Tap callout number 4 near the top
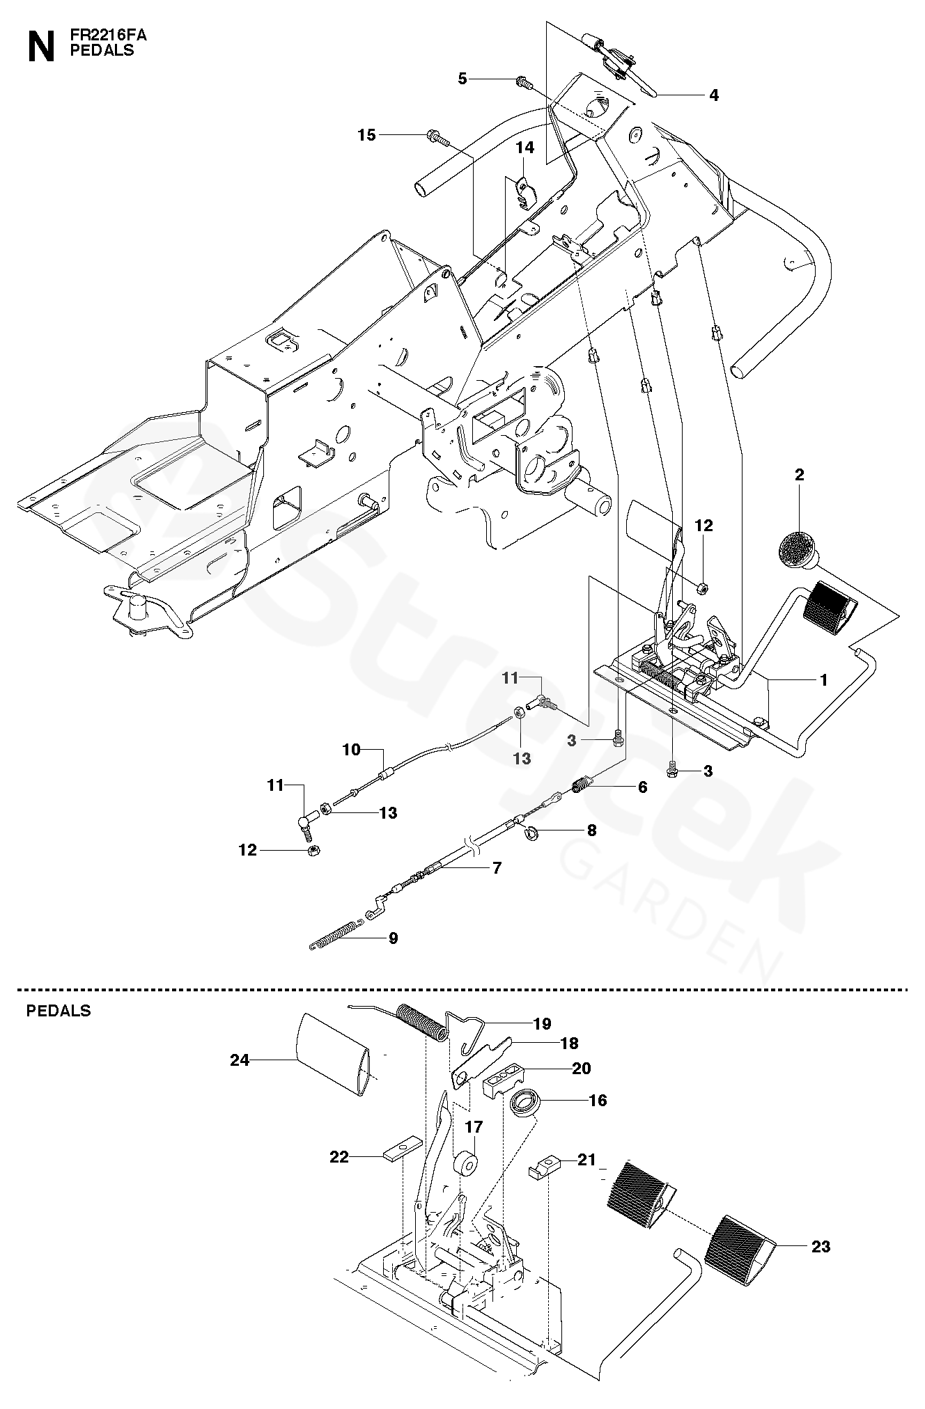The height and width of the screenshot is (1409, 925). point(714,95)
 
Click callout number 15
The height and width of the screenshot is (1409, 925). point(366,135)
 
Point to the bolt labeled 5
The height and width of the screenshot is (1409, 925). point(524,83)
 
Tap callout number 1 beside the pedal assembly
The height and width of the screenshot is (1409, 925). point(824,680)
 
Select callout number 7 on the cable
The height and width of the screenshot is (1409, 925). point(497,868)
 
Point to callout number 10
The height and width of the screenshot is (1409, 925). point(352,750)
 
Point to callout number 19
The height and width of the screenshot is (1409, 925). point(543,1023)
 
